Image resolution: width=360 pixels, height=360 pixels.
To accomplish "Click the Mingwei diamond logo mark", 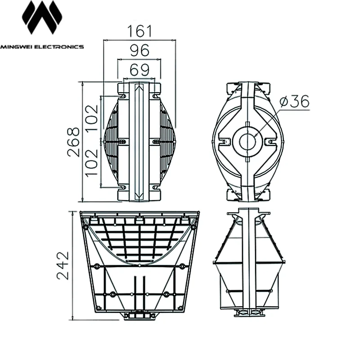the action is [42, 17].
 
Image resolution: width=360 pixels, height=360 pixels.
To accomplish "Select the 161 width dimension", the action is [139, 31].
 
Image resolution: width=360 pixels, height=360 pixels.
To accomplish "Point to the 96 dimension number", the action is [139, 50].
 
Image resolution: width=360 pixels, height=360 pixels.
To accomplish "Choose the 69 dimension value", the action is [139, 70].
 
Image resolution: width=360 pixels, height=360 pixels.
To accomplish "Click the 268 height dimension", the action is [73, 142].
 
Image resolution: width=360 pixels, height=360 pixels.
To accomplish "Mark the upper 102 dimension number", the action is [92, 118].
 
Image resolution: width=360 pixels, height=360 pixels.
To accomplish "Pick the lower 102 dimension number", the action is [92, 163].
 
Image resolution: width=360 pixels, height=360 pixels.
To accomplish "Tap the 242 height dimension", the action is [63, 265].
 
